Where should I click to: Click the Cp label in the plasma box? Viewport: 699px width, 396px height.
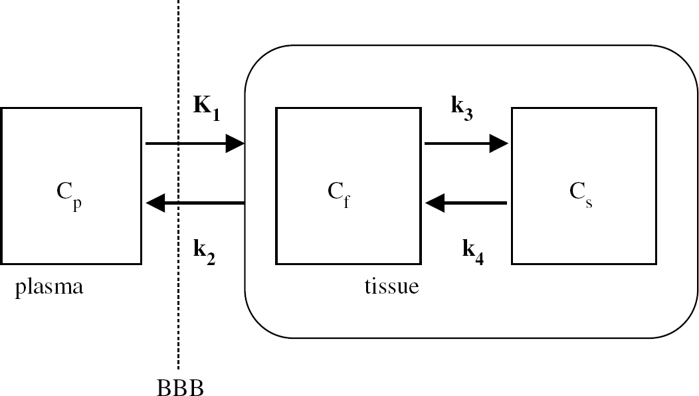click(69, 195)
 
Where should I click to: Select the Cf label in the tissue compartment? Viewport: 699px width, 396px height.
click(339, 195)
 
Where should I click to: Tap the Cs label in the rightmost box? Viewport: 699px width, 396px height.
click(581, 195)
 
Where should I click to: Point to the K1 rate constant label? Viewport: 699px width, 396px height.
click(207, 108)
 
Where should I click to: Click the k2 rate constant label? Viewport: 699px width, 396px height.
click(204, 252)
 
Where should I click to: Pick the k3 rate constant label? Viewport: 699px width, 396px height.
click(462, 108)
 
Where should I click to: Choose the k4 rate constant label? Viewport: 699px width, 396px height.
click(473, 252)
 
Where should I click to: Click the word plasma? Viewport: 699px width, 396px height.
click(49, 288)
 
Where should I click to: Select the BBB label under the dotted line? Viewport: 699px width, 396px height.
click(180, 387)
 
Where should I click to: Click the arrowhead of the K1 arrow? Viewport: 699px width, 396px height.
click(235, 144)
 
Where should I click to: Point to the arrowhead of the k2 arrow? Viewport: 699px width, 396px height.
click(155, 203)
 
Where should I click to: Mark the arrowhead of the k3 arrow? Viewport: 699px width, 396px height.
click(499, 144)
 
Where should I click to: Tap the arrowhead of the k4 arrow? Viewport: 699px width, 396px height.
click(435, 203)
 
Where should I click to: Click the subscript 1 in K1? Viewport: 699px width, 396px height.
click(216, 116)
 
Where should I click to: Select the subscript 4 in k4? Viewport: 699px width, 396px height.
click(479, 260)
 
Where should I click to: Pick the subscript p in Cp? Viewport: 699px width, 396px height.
click(77, 204)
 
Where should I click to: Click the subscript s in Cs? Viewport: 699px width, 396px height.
click(589, 203)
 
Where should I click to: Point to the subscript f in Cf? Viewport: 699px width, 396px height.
click(346, 201)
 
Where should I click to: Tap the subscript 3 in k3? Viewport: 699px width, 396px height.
click(468, 116)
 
